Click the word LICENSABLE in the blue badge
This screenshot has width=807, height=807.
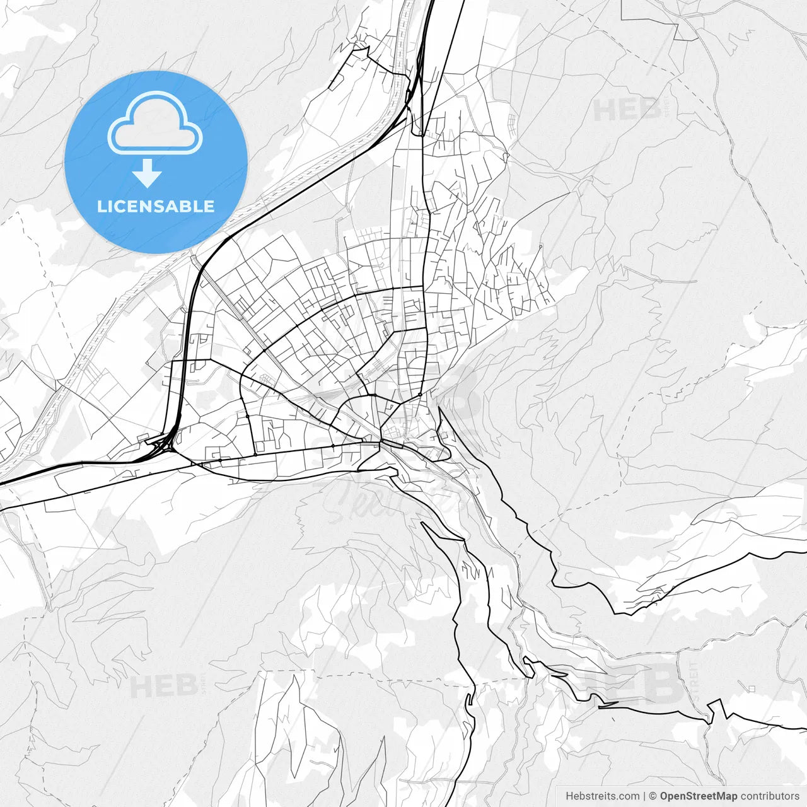156,207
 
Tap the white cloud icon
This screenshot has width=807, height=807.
155,123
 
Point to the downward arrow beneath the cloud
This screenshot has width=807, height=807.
148,173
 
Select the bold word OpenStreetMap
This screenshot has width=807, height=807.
698,796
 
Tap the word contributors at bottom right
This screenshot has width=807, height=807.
770,796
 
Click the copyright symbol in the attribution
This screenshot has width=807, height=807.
653,796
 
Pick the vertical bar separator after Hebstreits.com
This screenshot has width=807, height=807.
644,796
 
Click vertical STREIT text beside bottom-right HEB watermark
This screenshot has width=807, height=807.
694,681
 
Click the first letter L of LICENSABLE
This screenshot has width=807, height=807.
101,207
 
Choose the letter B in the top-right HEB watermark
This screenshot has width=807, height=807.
649,110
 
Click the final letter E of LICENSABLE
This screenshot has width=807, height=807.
209,207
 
